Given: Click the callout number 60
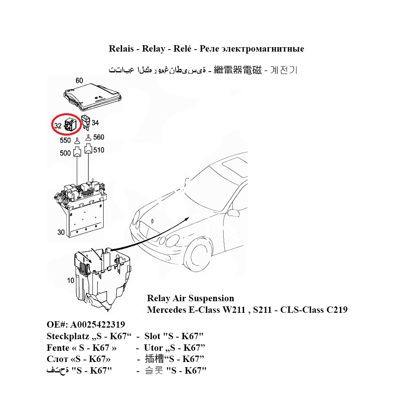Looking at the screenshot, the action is click(x=79, y=81).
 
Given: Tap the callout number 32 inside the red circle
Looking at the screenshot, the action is click(x=58, y=125).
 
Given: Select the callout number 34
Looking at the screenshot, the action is click(x=95, y=123).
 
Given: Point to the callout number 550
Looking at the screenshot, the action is click(x=65, y=141).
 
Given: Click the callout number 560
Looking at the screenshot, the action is click(x=98, y=137).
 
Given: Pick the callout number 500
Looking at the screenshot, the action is click(x=65, y=153).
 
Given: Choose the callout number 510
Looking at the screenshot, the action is click(x=98, y=150).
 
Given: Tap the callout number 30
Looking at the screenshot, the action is click(x=61, y=232).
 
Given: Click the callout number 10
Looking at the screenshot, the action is click(x=71, y=280).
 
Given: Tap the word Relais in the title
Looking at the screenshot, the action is click(x=121, y=49).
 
